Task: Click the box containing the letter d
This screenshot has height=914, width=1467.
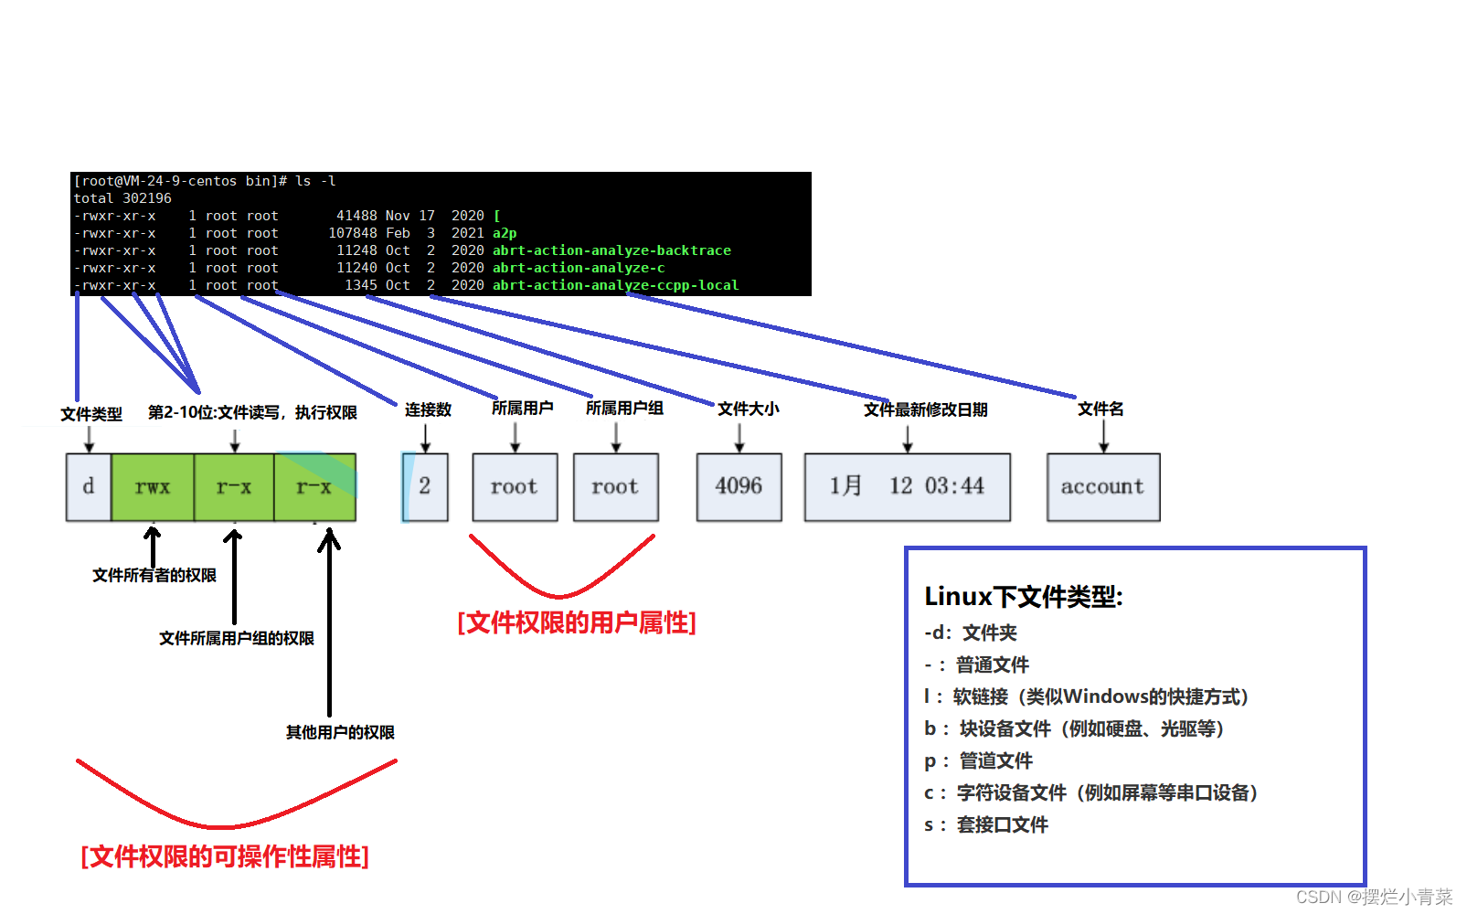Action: pyautogui.click(x=89, y=487)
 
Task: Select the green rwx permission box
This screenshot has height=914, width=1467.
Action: pyautogui.click(x=153, y=487)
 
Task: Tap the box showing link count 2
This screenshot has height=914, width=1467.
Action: pyautogui.click(x=425, y=487)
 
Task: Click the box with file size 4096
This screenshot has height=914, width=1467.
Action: pyautogui.click(x=739, y=487)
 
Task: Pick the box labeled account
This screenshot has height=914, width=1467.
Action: pyautogui.click(x=1103, y=487)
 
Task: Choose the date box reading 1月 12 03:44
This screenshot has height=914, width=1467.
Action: pyautogui.click(x=908, y=487)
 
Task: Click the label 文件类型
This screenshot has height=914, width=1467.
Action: pyautogui.click(x=91, y=414)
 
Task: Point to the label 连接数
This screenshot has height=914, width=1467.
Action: pyautogui.click(x=429, y=409)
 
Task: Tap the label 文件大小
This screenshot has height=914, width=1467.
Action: pyautogui.click(x=749, y=409)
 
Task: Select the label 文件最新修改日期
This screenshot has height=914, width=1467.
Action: pyautogui.click(x=925, y=409)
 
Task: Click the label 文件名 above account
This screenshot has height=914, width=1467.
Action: pyautogui.click(x=1100, y=409)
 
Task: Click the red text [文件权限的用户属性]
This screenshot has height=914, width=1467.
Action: pyautogui.click(x=577, y=622)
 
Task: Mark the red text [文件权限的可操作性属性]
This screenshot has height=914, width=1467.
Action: pyautogui.click(x=225, y=856)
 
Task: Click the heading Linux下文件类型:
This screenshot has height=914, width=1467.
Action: pyautogui.click(x=1024, y=597)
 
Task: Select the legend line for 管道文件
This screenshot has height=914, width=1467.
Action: pyautogui.click(x=978, y=760)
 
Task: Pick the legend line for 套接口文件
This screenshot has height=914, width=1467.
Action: pyautogui.click(x=986, y=825)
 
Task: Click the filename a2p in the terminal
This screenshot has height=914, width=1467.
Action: pyautogui.click(x=505, y=233)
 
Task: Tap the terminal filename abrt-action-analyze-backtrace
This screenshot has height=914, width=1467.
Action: pyautogui.click(x=611, y=250)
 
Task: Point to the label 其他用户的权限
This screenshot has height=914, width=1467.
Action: pyautogui.click(x=341, y=732)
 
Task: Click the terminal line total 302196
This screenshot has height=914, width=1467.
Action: pyautogui.click(x=122, y=198)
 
